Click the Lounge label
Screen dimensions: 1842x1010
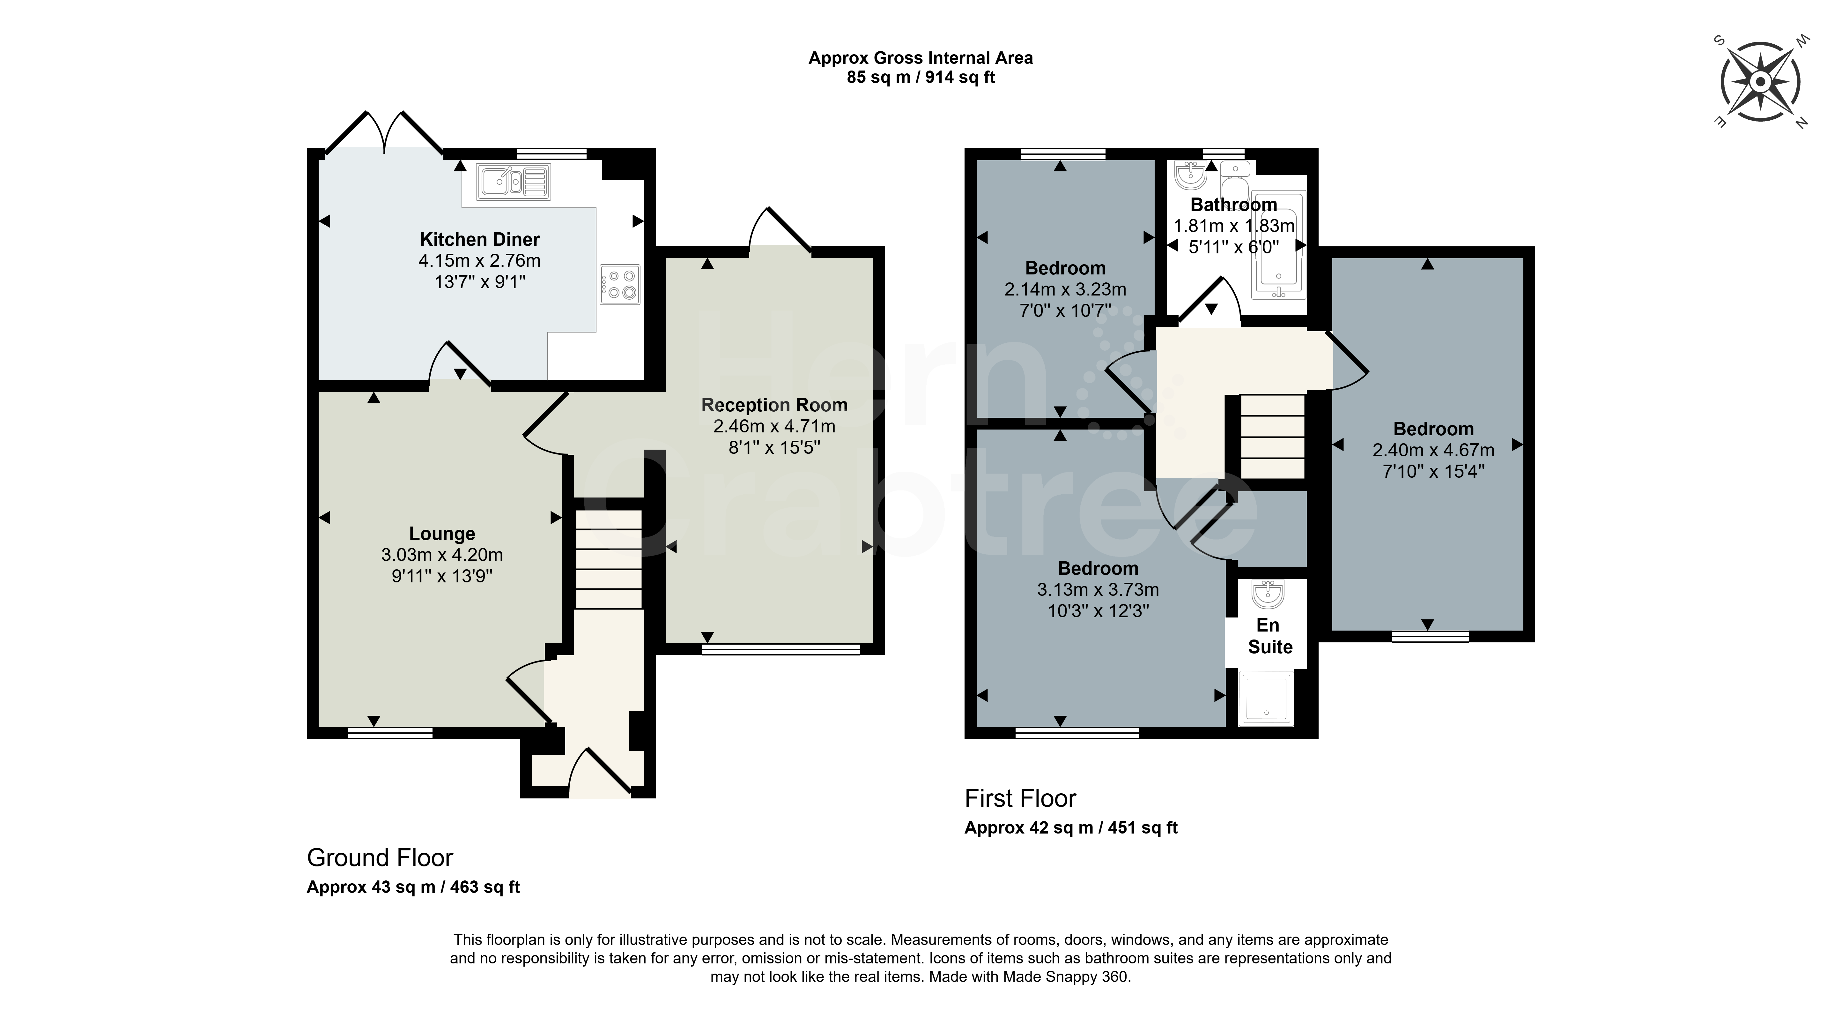[x=442, y=534]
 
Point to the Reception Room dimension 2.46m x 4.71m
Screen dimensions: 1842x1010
[x=774, y=426]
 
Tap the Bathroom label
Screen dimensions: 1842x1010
[x=1233, y=205]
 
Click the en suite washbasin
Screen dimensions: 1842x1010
[x=1269, y=593]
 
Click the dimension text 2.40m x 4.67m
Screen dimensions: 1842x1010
[x=1433, y=450]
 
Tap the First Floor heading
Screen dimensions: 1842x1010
[x=1020, y=798]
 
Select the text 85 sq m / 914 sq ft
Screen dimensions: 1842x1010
[x=921, y=77]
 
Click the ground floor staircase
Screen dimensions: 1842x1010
[x=609, y=559]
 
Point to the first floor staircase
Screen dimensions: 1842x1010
[x=1273, y=436]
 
